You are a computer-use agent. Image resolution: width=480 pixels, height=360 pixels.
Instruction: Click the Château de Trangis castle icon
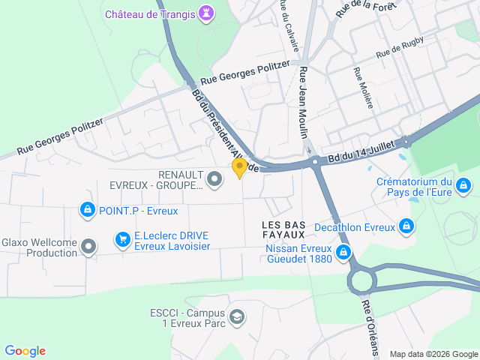pos(206,13)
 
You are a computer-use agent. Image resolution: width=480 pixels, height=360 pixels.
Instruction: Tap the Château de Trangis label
pos(150,14)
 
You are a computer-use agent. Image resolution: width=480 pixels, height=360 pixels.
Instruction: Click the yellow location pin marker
pos(239,167)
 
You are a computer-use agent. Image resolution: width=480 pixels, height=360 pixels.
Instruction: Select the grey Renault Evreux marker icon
pos(214,178)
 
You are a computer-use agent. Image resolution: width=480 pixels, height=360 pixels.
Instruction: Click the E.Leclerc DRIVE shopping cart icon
pos(122,239)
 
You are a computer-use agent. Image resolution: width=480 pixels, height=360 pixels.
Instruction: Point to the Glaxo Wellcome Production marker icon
pos(89,246)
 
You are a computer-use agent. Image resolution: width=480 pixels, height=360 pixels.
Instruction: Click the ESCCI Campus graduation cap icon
pos(237,317)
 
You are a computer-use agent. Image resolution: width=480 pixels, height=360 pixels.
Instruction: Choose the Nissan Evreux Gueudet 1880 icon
pos(343,252)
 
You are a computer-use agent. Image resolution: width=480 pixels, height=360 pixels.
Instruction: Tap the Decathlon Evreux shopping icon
pos(406,225)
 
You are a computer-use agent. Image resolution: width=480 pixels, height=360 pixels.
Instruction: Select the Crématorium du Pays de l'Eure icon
pos(463,184)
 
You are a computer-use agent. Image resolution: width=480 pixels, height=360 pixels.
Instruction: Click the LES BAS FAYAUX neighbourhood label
pos(283,229)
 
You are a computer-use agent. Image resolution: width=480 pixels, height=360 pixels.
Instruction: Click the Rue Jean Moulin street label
pos(304,102)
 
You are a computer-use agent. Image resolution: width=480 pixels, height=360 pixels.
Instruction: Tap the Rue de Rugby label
pos(400,49)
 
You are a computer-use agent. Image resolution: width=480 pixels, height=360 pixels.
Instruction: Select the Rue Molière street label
pos(362,88)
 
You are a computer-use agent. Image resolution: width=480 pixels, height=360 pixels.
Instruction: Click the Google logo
pos(25,350)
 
